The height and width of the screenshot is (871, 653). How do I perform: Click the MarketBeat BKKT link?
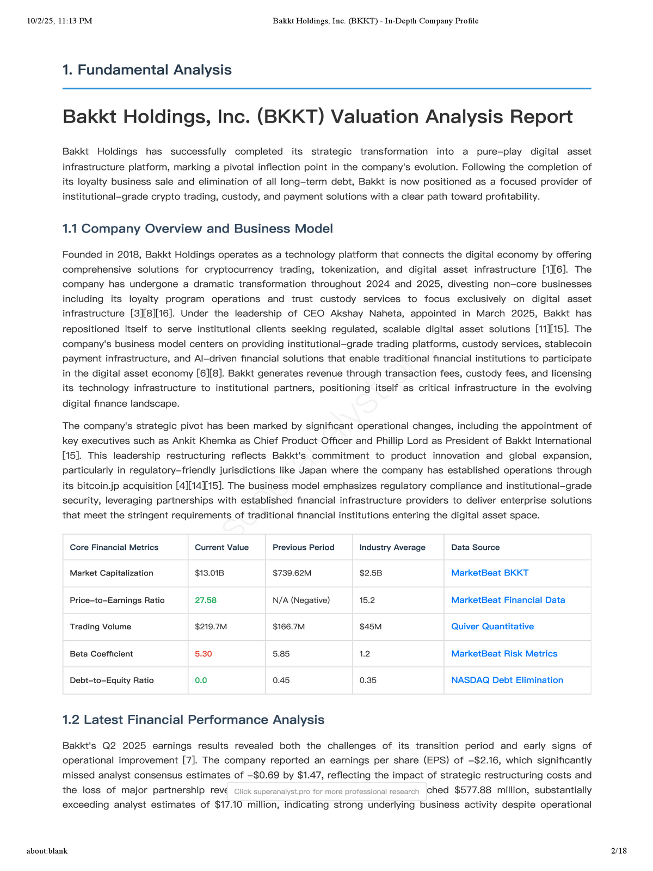point(489,573)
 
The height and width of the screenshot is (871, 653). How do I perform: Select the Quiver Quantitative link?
point(492,627)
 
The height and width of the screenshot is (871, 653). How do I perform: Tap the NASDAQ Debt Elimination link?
point(507,680)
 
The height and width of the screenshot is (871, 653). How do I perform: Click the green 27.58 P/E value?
point(206,600)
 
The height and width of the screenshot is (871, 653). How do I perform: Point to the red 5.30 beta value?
point(203,654)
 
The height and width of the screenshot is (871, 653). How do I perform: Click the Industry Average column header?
point(392,547)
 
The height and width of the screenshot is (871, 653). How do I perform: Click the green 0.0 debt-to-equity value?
point(201,680)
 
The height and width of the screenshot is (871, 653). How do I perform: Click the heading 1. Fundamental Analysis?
point(147,70)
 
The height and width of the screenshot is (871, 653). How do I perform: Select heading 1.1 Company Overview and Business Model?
point(198,228)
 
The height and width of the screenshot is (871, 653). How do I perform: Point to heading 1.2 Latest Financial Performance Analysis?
point(193,720)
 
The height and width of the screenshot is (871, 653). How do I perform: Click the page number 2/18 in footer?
point(619,850)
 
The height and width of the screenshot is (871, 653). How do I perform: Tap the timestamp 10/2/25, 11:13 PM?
point(59,21)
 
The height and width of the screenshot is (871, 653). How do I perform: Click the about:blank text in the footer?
point(47,850)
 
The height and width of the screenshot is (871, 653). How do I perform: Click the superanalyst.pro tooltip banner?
point(326,792)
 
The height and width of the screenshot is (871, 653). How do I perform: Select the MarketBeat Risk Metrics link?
point(504,654)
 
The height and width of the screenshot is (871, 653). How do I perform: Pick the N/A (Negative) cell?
point(301,600)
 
